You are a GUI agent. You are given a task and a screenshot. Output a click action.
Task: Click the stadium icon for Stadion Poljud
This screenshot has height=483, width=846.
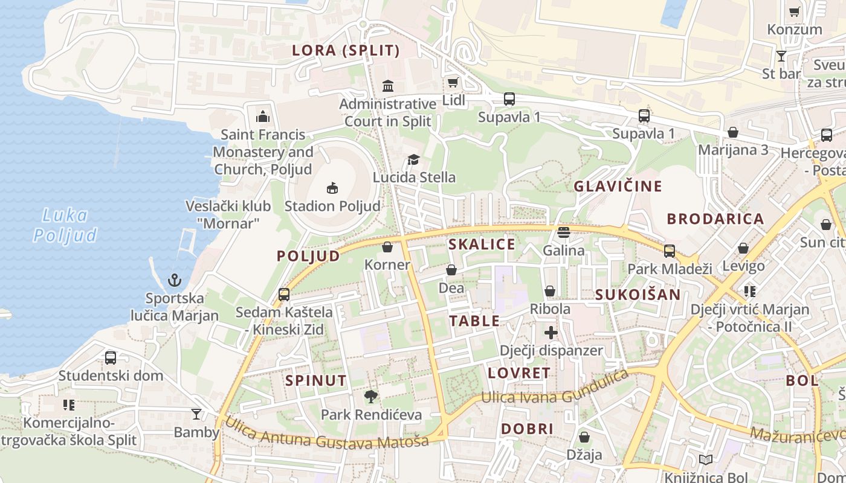[332, 188]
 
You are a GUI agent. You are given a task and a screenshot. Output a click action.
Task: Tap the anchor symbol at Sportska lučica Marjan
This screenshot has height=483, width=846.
[175, 280]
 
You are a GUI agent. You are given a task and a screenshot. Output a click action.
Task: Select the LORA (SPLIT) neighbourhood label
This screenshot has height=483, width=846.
[346, 51]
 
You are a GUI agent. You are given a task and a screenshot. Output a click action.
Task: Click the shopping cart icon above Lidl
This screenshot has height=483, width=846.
[453, 82]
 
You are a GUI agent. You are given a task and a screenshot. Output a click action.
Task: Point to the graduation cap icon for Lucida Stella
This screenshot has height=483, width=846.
[413, 159]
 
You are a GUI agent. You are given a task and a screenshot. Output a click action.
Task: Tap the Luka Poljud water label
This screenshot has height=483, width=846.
[65, 225]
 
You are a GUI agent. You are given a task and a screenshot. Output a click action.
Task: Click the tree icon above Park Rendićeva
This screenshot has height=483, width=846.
[371, 397]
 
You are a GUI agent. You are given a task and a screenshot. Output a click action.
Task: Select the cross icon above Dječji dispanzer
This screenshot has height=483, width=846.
[551, 332]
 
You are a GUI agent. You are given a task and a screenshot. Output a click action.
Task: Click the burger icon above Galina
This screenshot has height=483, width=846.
[564, 232]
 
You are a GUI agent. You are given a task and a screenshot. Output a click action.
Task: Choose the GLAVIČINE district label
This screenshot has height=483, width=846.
[618, 186]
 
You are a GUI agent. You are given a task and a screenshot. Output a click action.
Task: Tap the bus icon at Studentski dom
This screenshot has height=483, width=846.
[111, 357]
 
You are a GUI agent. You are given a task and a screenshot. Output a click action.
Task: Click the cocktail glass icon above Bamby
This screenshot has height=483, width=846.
[196, 414]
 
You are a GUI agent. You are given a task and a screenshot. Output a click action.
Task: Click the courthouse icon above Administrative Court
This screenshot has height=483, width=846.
[388, 86]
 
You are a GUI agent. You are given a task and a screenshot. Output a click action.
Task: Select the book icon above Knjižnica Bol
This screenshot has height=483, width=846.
[705, 459]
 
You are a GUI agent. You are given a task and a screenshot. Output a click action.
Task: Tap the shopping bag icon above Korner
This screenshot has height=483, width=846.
[387, 247]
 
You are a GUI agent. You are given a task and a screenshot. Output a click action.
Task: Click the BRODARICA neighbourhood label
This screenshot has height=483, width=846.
[715, 219]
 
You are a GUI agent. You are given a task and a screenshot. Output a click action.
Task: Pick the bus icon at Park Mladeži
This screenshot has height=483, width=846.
[670, 251]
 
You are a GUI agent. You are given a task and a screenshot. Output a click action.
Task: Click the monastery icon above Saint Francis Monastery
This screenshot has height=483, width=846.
[262, 116]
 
